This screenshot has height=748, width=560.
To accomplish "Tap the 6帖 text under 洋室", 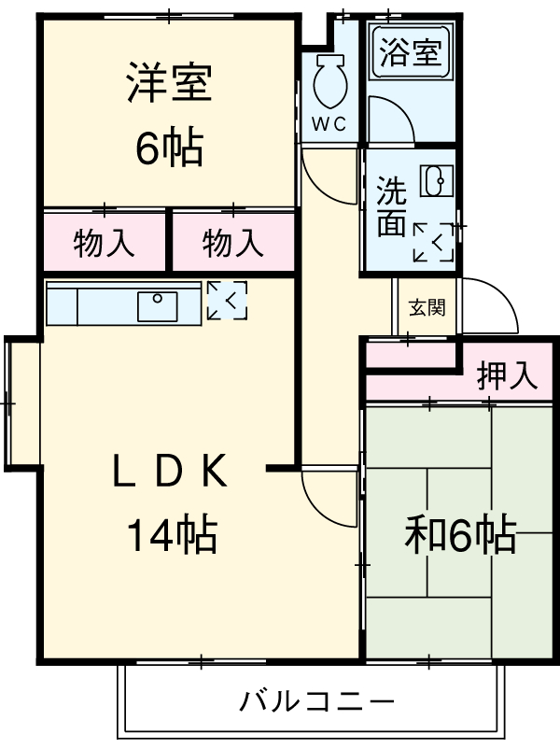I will (169, 148).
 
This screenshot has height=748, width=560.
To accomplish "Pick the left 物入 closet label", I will (104, 245).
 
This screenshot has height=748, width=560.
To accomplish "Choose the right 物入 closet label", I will (232, 245).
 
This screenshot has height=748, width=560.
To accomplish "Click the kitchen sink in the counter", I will (158, 305).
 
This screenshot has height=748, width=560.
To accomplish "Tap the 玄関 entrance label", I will (427, 307).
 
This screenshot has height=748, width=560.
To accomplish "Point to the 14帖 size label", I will (172, 535).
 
